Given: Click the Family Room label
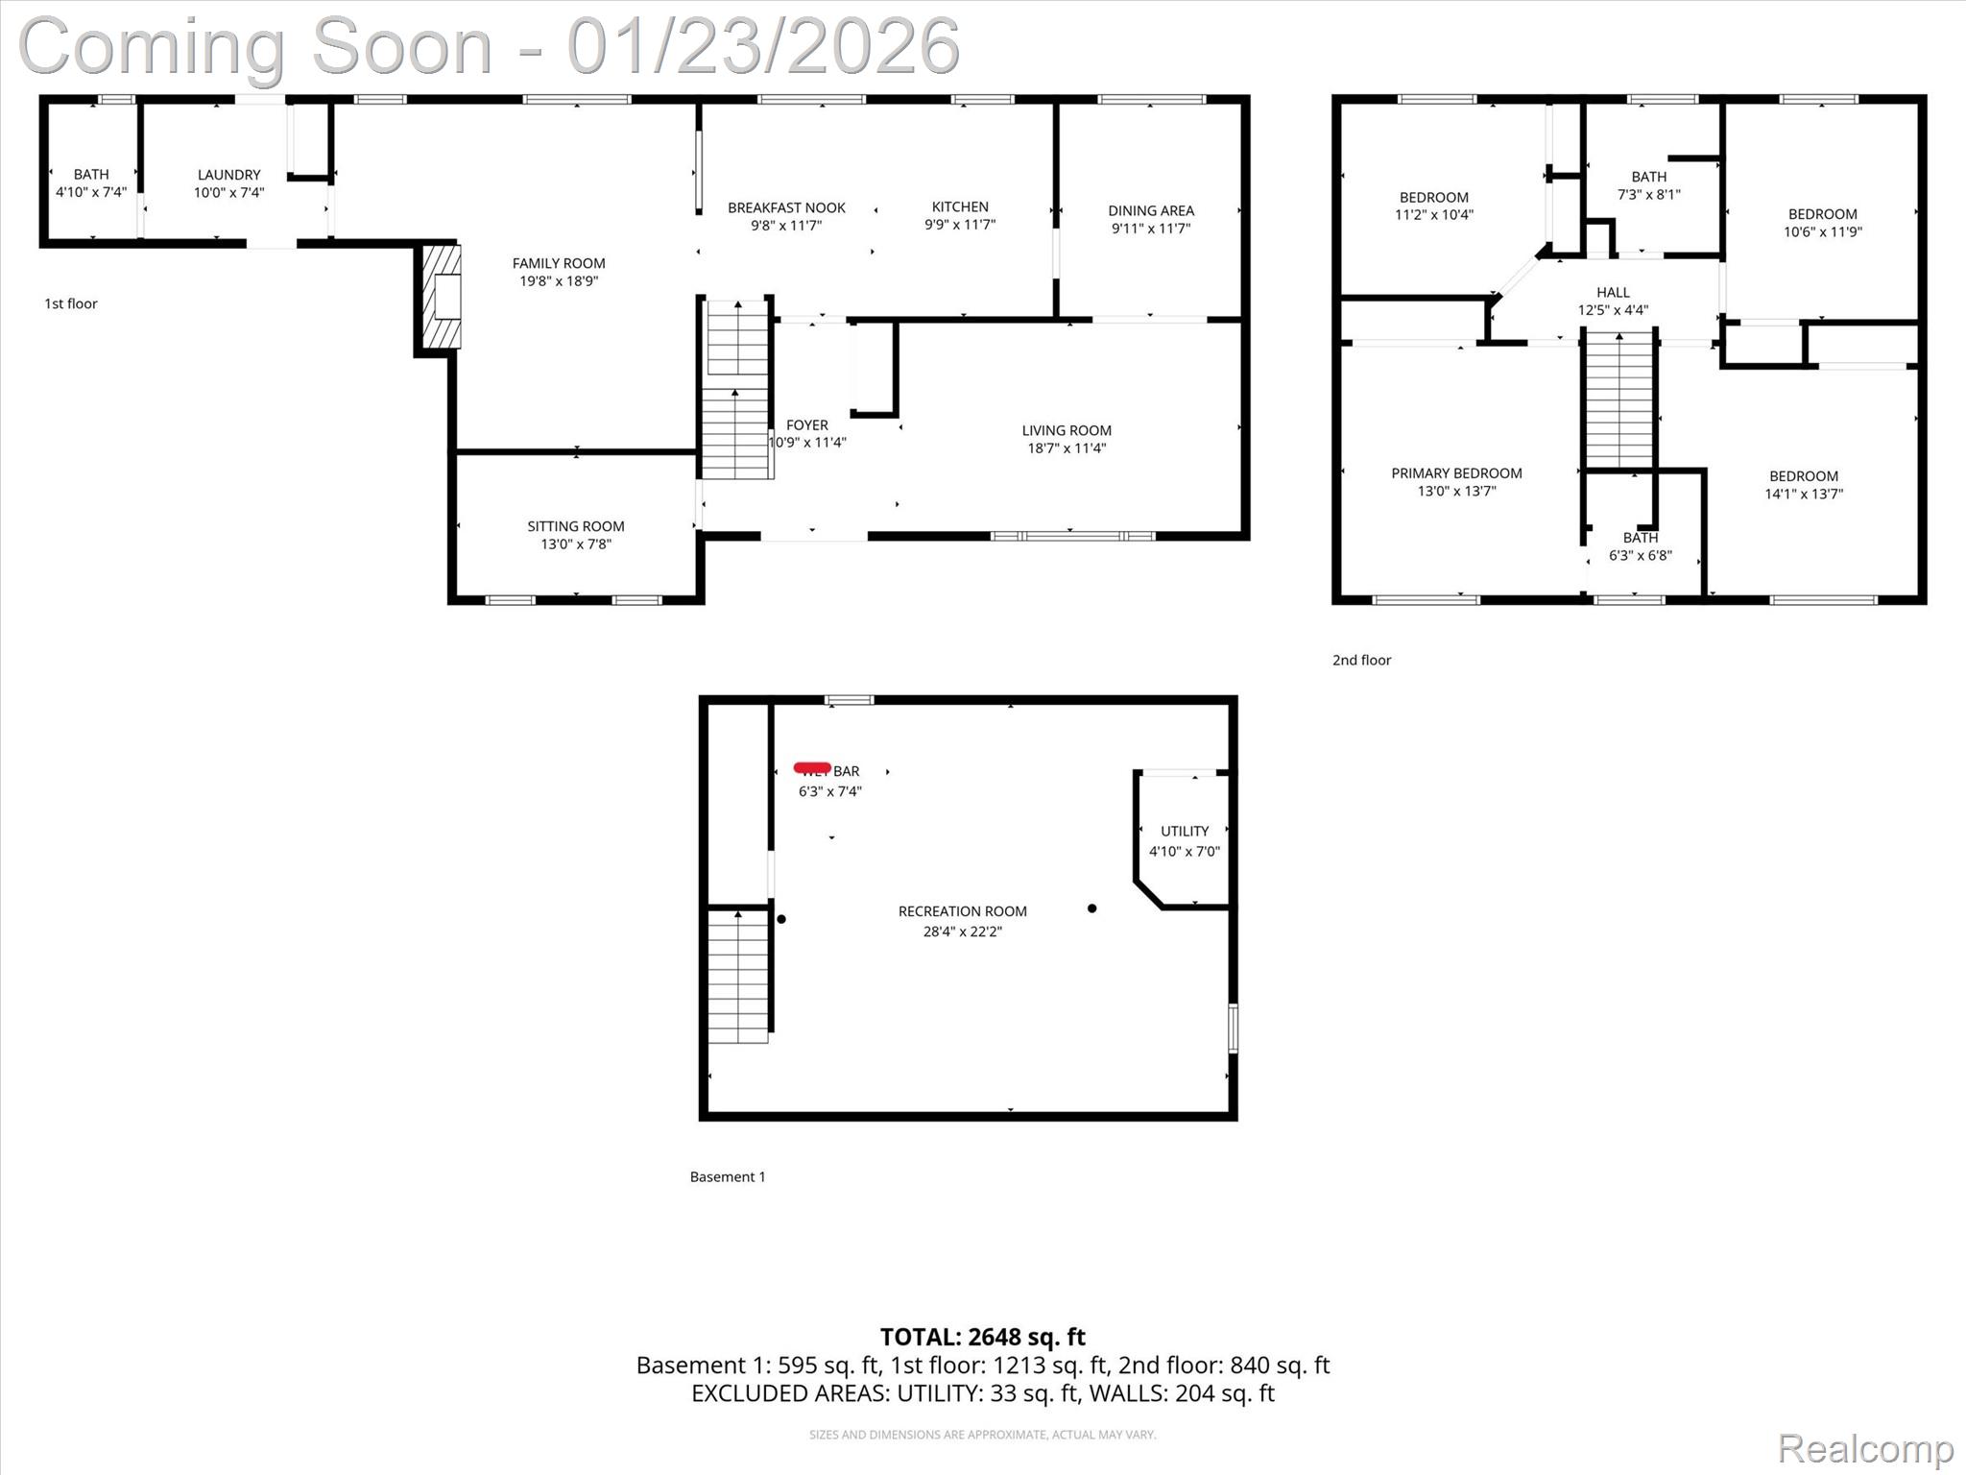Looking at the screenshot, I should (x=558, y=263).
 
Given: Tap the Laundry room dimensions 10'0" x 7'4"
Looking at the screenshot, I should (x=228, y=193).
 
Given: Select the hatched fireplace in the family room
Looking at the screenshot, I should (x=442, y=297).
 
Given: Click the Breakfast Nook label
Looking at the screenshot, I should (x=786, y=207).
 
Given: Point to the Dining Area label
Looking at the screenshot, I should (x=1151, y=210).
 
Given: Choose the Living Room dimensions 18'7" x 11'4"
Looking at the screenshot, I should (x=1067, y=448).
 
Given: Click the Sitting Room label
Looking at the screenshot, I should (x=575, y=526).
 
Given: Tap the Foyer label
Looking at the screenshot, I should (x=806, y=424).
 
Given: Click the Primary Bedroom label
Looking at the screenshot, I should (x=1456, y=473).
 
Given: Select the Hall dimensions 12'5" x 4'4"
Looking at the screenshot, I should (x=1613, y=310).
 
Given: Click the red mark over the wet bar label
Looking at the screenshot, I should (x=812, y=767).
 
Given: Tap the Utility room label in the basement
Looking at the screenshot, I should (x=1185, y=831).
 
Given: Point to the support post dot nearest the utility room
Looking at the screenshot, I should (x=1091, y=908).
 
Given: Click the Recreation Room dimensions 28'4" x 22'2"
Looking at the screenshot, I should (x=962, y=931).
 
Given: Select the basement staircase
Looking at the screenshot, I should (x=737, y=976).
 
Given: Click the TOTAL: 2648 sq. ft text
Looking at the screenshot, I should (x=982, y=1337).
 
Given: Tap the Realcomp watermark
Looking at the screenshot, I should (x=1865, y=1449).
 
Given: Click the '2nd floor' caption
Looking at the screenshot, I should (x=1361, y=660).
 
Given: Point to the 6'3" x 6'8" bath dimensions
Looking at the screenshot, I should (x=1640, y=556).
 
